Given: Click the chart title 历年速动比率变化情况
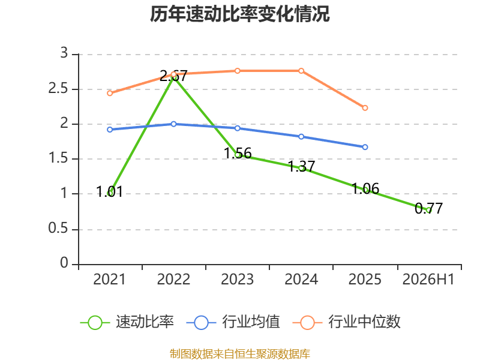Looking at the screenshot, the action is point(239,14).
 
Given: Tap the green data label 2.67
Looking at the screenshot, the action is point(173,76).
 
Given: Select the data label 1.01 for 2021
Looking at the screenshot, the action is point(110,191).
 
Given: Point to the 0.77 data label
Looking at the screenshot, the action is point(428,208).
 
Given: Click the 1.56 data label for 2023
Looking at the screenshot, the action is point(238,153).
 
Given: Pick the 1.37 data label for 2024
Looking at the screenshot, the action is point(302,167).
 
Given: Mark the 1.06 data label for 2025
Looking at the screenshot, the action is point(365,188).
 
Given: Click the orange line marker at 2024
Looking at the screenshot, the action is point(301,71).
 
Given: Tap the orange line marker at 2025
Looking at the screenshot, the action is point(365,108).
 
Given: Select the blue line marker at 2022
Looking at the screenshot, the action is point(173,124).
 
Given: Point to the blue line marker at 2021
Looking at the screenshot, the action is point(110,130).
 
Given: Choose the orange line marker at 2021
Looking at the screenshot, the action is point(110,94).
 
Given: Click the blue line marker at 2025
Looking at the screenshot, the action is point(365,147).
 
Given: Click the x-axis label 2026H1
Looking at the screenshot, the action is point(428,280).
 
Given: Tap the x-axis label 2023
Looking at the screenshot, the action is point(237,280).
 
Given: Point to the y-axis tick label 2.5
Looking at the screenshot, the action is point(58,89).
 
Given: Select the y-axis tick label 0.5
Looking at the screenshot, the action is point(58,229).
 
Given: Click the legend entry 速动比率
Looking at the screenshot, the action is point(127,322).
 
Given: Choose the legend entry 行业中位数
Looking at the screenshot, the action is point(347,322).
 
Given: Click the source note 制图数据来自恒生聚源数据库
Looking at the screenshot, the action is point(240,353).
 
